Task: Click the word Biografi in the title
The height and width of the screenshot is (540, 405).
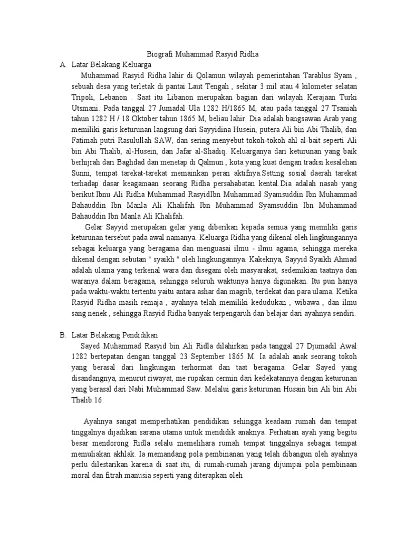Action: pyautogui.click(x=158, y=54)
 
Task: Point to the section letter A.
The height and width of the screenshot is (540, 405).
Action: pyautogui.click(x=63, y=64)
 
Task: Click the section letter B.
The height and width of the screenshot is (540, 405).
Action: pyautogui.click(x=63, y=335)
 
